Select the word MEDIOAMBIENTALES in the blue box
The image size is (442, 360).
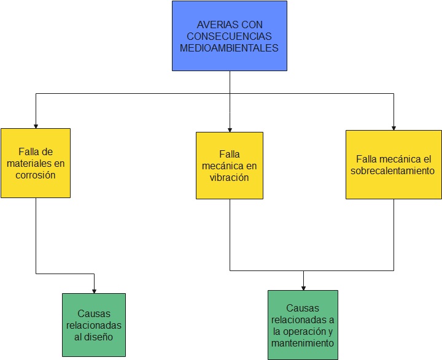229,48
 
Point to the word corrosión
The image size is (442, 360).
36,175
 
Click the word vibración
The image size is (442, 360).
229,177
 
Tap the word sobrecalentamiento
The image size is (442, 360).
393,170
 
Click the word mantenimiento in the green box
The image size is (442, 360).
303,343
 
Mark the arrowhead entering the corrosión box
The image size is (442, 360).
36,125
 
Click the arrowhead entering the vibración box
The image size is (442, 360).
230,129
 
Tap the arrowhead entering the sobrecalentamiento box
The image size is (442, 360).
394,127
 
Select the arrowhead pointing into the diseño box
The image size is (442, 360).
94,290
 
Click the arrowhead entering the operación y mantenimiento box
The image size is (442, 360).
303,287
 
